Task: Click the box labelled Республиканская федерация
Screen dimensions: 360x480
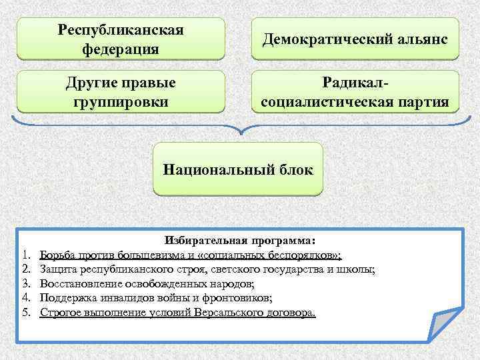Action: (121, 39)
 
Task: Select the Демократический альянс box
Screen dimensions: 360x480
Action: (355, 39)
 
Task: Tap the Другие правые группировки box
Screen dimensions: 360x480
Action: (121, 92)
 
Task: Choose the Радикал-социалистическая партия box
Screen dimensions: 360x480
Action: (355, 92)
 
